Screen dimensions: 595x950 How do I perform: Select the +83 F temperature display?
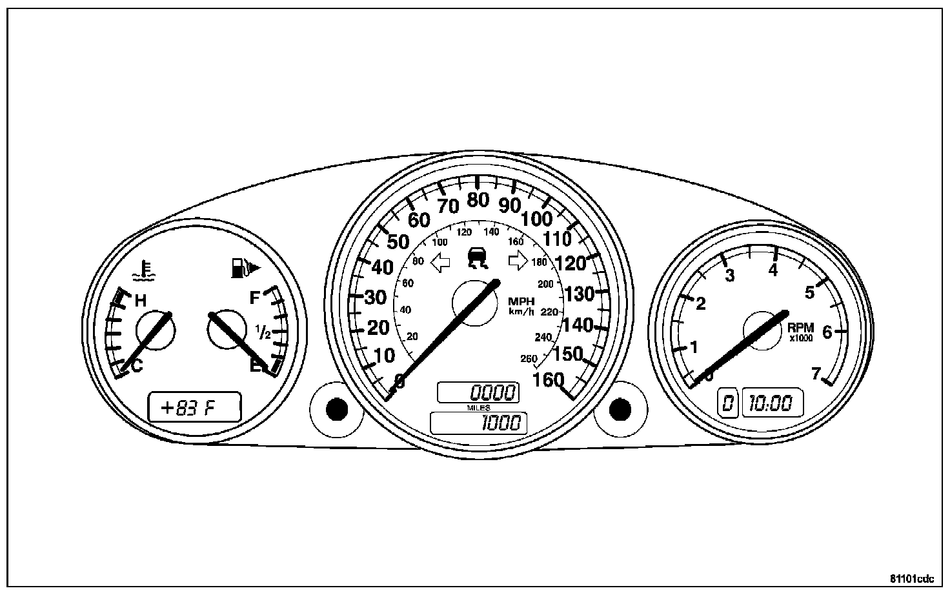(194, 408)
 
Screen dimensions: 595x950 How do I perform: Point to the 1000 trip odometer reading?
(478, 423)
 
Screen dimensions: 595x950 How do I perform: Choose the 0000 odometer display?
(478, 392)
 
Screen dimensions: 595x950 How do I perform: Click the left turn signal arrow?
(441, 261)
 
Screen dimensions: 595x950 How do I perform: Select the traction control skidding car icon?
(478, 257)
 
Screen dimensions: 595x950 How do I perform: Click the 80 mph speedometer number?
(478, 201)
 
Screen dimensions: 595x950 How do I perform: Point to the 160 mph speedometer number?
(549, 380)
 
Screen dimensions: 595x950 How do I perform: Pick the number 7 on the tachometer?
(816, 374)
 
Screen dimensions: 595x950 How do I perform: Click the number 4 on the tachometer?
(773, 270)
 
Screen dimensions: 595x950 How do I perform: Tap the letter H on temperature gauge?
(140, 300)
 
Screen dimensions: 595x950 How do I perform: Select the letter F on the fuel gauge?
(255, 297)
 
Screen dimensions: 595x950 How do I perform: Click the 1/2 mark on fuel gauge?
(263, 332)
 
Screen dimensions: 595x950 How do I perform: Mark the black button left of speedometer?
(337, 408)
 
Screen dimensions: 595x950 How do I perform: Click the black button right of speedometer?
(620, 408)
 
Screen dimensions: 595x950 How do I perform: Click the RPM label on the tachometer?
(801, 328)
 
